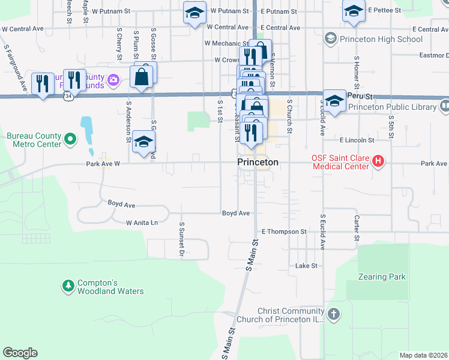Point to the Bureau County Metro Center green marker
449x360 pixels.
70,140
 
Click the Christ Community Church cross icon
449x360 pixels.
334,314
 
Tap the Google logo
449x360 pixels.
20,353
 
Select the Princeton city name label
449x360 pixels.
258,162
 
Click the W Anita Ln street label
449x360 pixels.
142,223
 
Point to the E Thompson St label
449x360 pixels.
284,232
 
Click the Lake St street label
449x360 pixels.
306,265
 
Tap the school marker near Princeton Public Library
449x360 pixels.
334,100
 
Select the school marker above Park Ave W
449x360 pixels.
143,142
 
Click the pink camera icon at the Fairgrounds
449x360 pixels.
113,78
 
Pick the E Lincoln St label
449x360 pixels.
357,140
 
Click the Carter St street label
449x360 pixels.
357,229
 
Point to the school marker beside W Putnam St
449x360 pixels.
194,13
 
